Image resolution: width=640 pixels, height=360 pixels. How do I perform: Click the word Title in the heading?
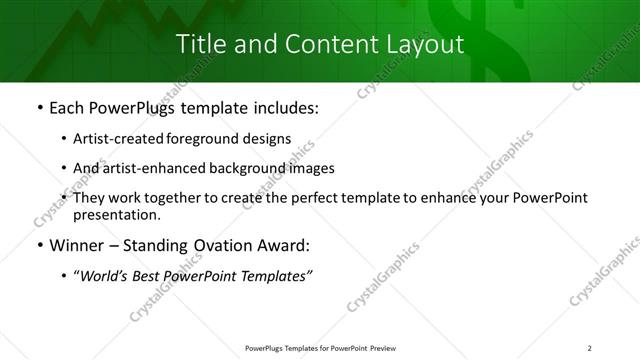[200, 44]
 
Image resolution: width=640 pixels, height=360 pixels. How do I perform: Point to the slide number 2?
[589, 347]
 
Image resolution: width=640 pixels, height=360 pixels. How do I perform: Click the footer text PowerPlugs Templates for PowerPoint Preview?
[319, 347]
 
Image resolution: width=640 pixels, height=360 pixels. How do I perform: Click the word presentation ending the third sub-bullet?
[116, 215]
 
